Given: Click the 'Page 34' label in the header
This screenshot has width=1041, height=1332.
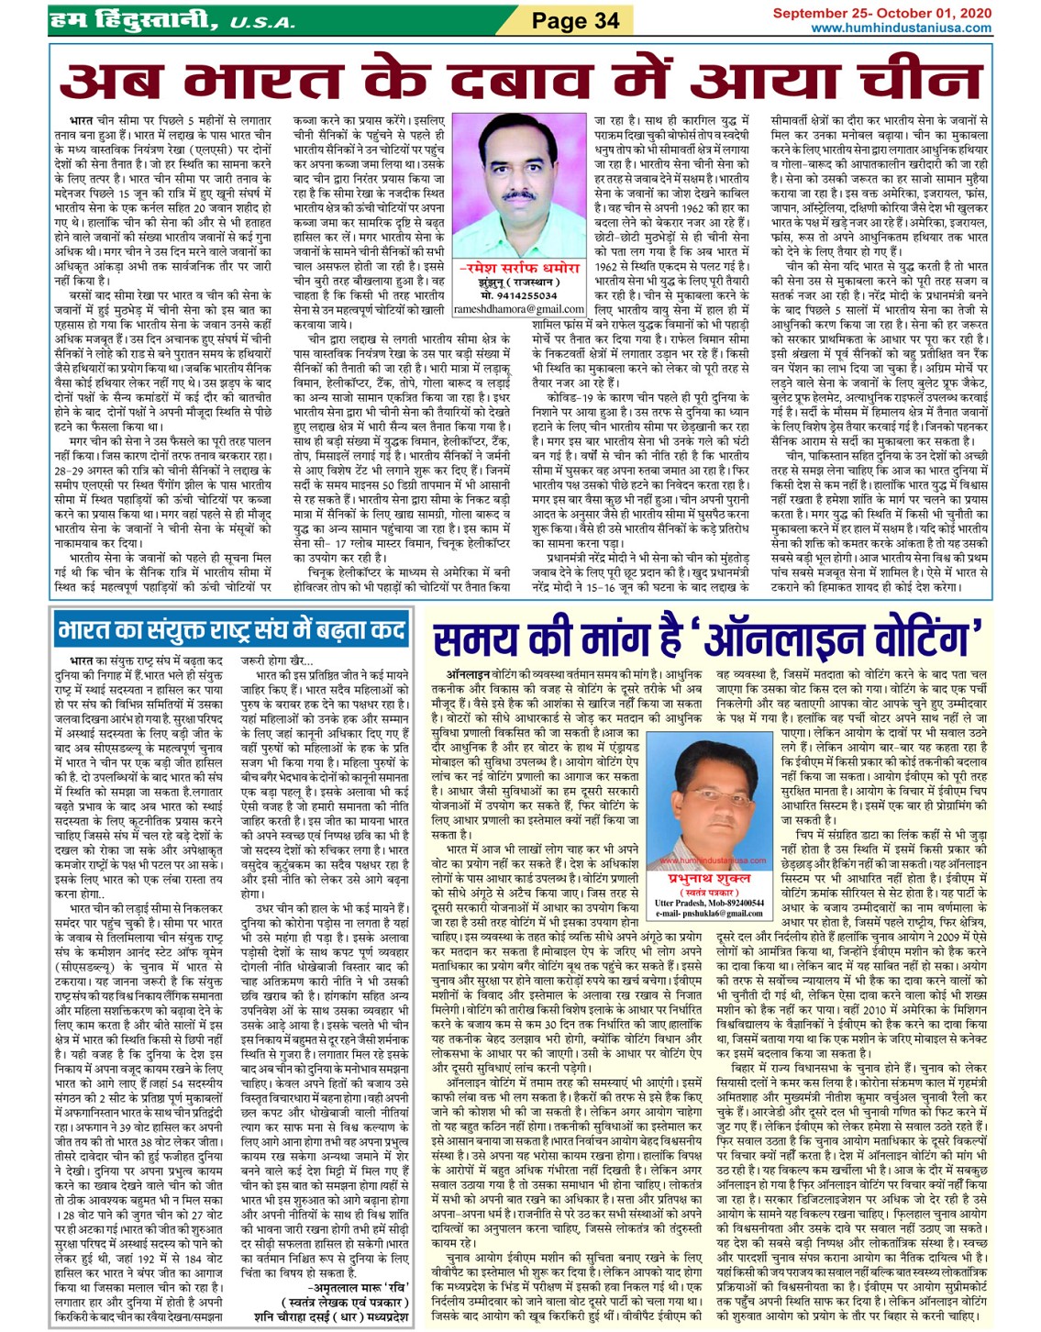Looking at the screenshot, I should [575, 20].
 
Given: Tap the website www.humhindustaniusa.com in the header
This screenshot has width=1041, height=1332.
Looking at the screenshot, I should [902, 28].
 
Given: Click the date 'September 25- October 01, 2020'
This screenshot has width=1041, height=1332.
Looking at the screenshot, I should [881, 13].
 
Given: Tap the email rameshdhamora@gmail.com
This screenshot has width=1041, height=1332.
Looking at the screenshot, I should [519, 309].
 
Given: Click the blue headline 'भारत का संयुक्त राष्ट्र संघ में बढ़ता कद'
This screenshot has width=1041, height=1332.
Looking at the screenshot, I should [231, 630].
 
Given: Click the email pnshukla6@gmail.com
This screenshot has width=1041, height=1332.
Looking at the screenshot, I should [705, 913].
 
